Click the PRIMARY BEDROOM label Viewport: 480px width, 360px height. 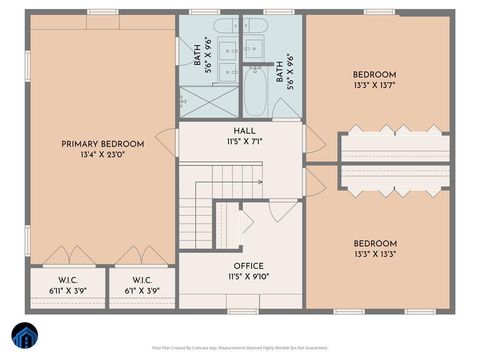(x=102, y=144)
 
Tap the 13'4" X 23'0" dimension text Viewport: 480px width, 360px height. (x=102, y=155)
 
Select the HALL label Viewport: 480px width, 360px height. (x=244, y=131)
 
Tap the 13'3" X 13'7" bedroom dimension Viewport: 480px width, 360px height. (x=374, y=86)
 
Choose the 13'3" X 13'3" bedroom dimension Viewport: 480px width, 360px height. (x=374, y=254)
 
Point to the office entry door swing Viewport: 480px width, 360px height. (x=281, y=210)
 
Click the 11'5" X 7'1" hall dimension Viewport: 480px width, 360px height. (x=244, y=142)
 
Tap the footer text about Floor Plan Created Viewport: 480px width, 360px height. (x=240, y=348)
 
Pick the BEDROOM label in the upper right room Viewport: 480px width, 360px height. (x=374, y=75)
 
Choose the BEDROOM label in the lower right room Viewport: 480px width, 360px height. (x=374, y=243)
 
